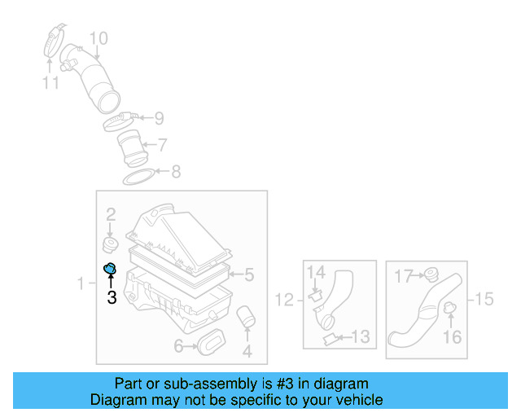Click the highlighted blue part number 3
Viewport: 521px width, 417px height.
(111, 270)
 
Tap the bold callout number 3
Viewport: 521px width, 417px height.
(112, 299)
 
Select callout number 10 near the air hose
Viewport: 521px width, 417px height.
(98, 38)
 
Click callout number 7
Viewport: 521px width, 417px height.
(162, 145)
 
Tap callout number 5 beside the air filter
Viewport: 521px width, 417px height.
(249, 274)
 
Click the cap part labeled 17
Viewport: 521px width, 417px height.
(428, 274)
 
